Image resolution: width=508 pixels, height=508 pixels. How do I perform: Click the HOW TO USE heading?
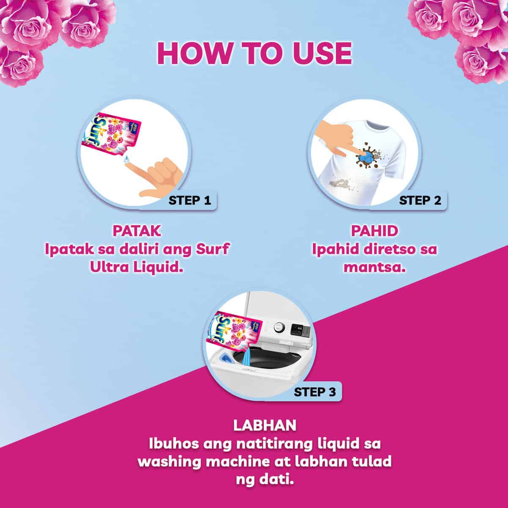point(254,53)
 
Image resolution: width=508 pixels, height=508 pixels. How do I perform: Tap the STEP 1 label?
point(190,201)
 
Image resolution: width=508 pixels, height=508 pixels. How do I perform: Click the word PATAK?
point(137,231)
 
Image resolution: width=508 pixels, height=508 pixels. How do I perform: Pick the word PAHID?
point(374,231)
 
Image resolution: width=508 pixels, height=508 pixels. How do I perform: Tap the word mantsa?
point(374,267)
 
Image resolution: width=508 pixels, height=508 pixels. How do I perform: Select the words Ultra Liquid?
point(137,267)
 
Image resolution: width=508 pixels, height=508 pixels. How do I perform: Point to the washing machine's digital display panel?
point(299,329)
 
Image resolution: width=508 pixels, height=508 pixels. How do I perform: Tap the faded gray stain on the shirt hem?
point(340,183)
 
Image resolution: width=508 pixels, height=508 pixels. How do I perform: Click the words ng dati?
point(265,480)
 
